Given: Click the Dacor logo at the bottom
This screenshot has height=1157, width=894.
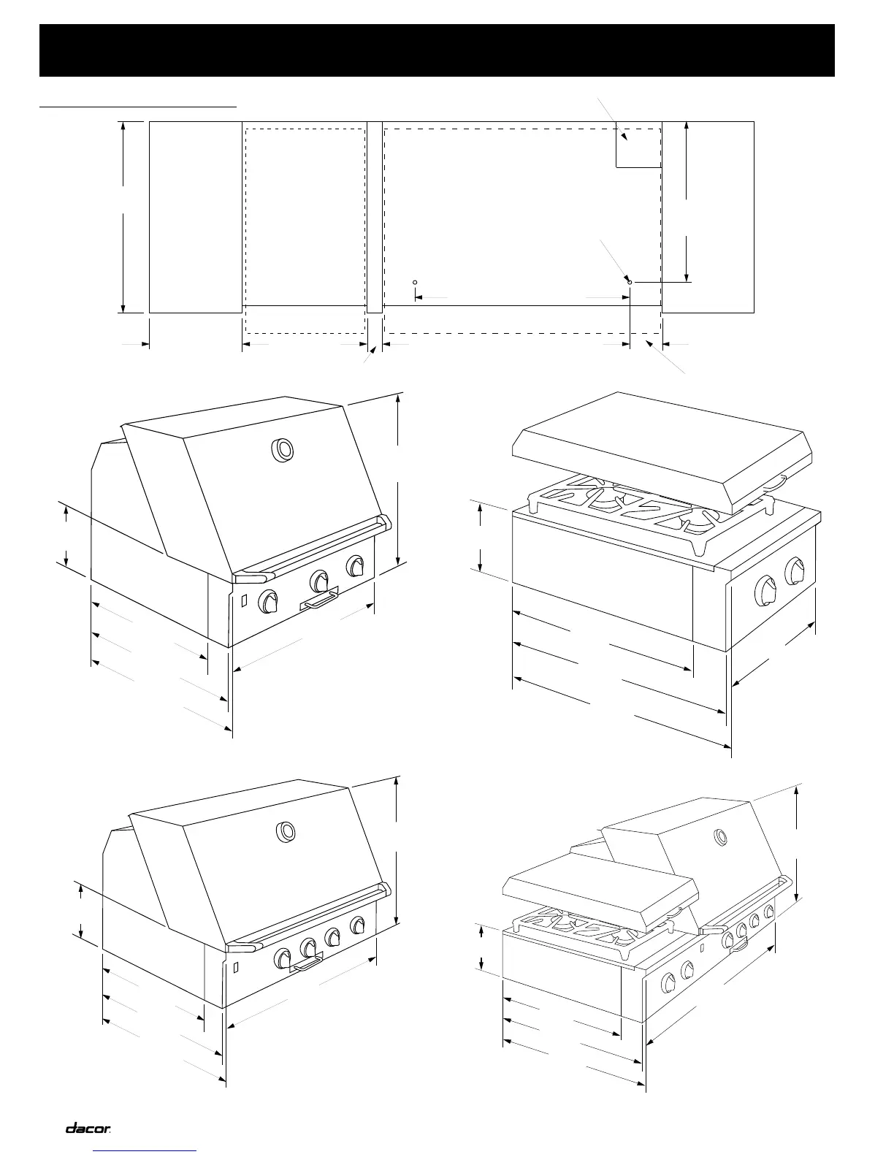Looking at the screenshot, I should point(88,1129).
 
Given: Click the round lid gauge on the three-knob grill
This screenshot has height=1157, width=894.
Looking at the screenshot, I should point(282,450).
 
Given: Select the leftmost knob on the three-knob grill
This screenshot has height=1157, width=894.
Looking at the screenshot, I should point(268,601).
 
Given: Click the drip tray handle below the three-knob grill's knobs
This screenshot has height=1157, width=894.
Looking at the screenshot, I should point(319,600).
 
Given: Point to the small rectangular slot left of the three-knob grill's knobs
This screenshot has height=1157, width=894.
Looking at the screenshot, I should point(244,600).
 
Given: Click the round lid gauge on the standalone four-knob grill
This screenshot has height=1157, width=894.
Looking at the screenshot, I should point(285,831).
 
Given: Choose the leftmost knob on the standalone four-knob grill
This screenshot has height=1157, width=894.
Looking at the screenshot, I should point(283,958).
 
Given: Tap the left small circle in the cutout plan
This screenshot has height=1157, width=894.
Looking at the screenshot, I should point(415,282).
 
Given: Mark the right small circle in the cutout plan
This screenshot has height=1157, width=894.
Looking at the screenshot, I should point(630,281).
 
